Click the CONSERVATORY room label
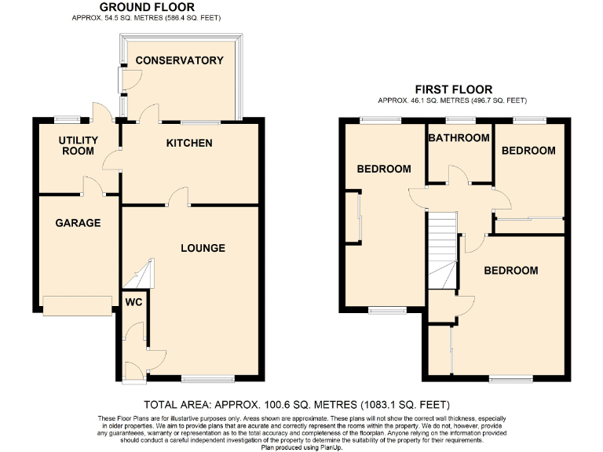click(x=178, y=60)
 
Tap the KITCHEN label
click(x=188, y=144)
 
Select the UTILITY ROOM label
click(x=79, y=146)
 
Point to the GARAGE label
click(x=78, y=223)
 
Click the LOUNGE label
click(x=203, y=248)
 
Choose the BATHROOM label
click(x=459, y=138)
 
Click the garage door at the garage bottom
click(x=78, y=306)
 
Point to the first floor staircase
click(x=442, y=251)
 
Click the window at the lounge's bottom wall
click(x=208, y=380)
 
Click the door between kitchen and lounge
click(x=179, y=196)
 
